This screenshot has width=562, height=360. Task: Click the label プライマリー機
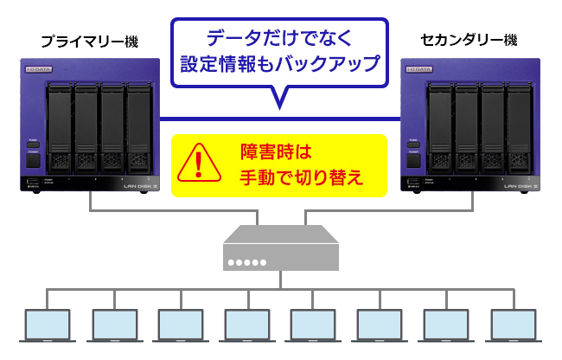click(x=89, y=42)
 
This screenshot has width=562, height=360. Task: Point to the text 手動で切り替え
click(x=300, y=177)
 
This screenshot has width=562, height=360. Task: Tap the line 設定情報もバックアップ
click(x=279, y=64)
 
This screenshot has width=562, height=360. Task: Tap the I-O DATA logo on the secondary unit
click(x=421, y=68)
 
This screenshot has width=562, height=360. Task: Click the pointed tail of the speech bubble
click(x=279, y=100)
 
